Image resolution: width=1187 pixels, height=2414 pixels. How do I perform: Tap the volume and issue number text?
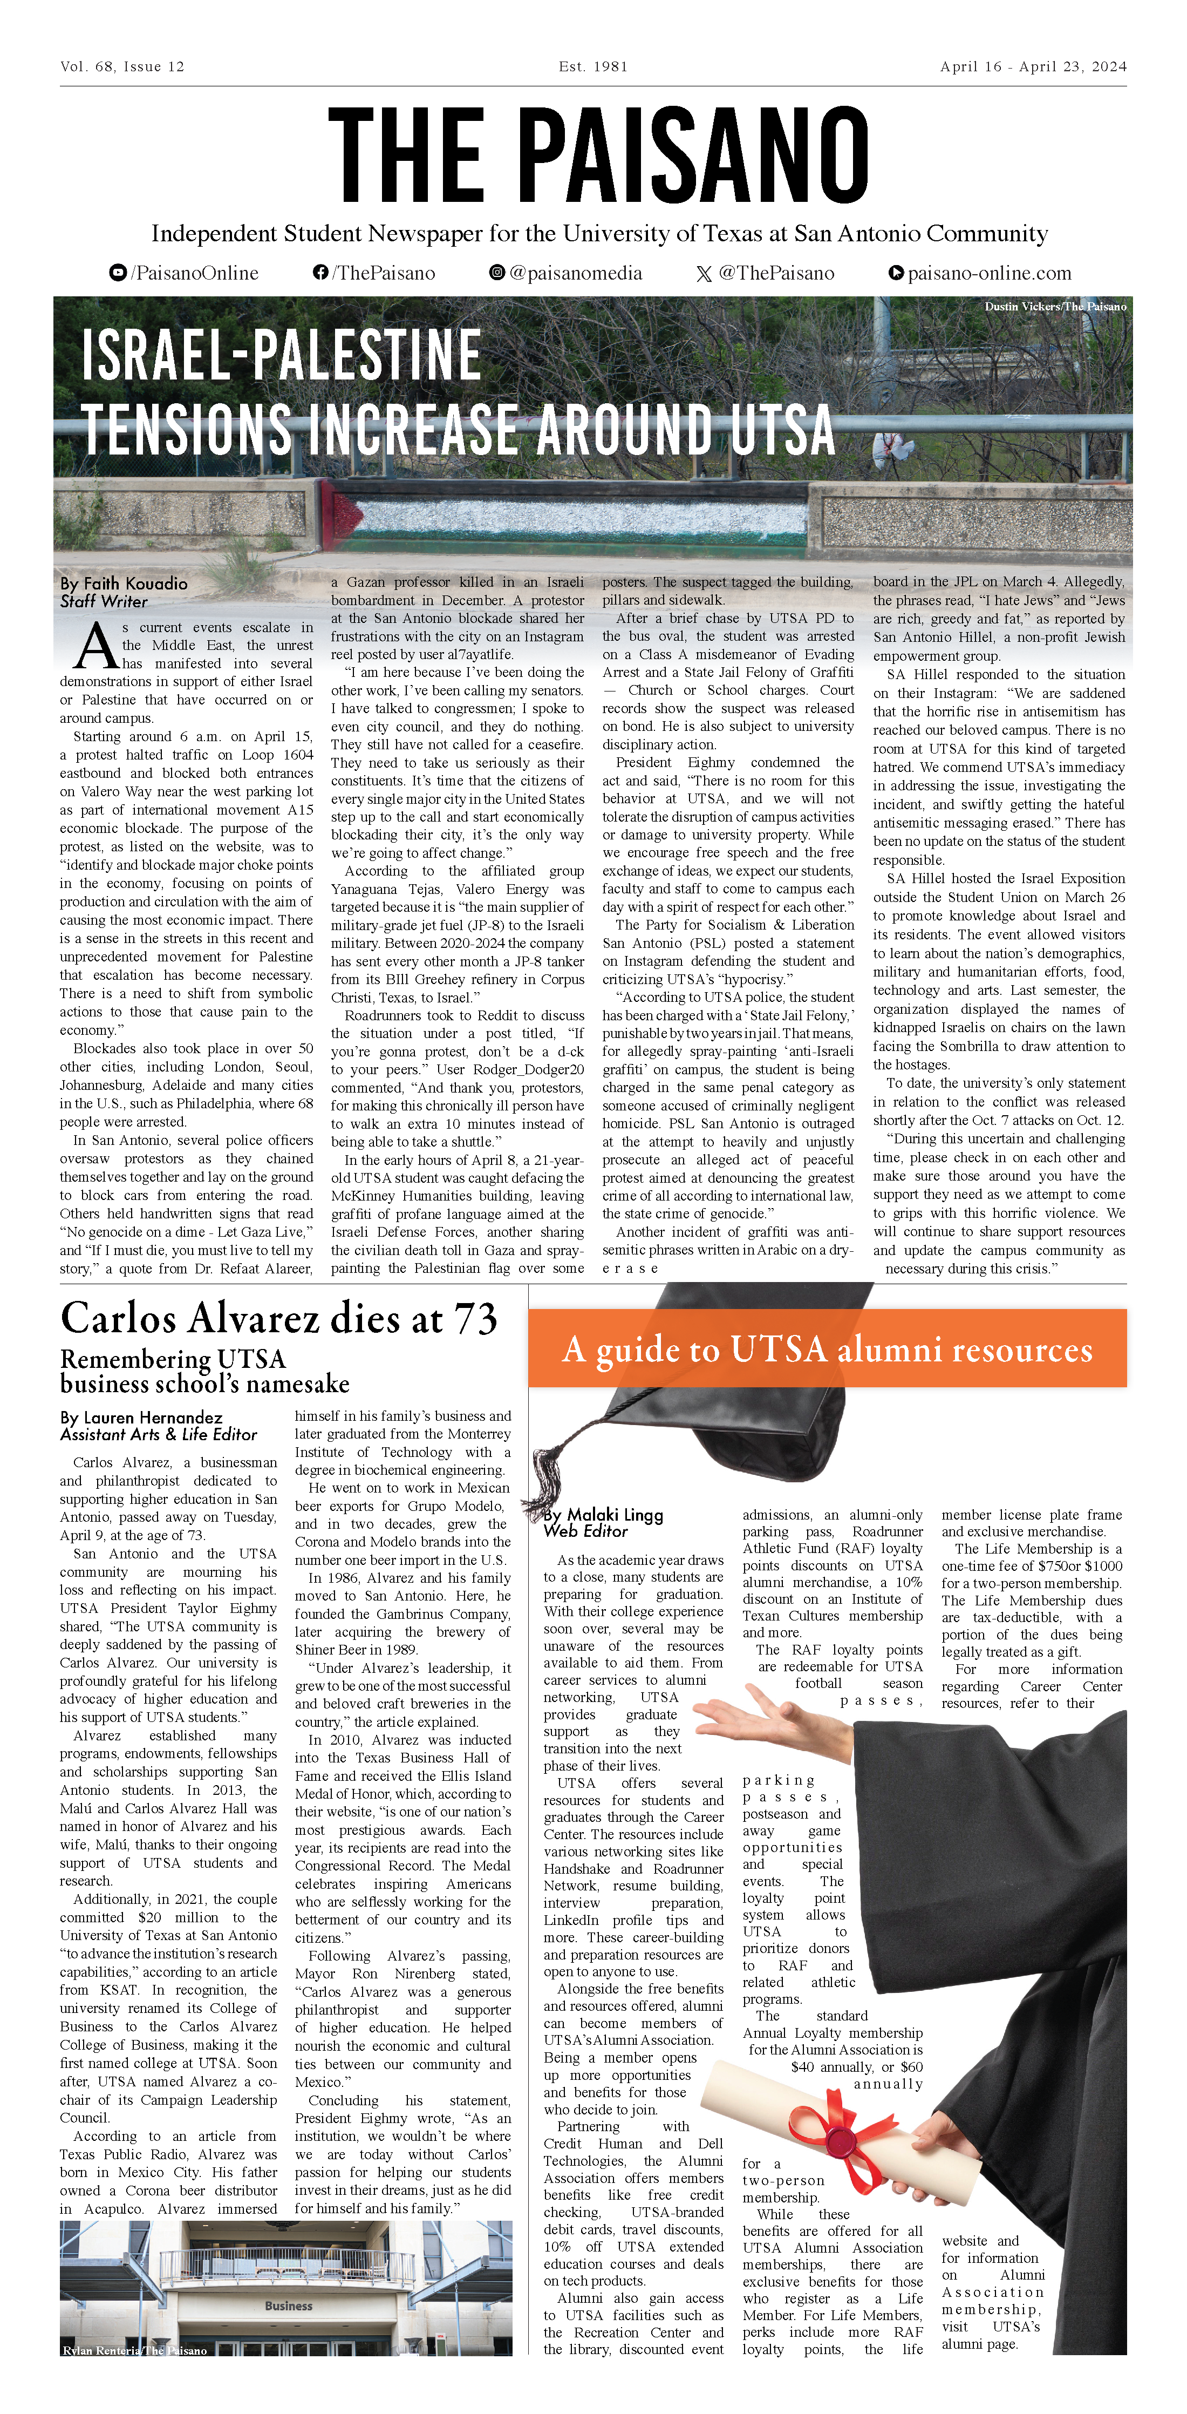tap(122, 66)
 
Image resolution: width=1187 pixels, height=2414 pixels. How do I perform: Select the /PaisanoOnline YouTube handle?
tap(185, 273)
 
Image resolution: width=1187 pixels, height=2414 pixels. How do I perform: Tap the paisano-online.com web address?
tap(980, 273)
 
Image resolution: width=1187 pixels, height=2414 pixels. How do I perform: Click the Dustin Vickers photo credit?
tap(1055, 307)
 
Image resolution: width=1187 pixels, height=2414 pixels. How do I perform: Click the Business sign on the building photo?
tap(289, 2305)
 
